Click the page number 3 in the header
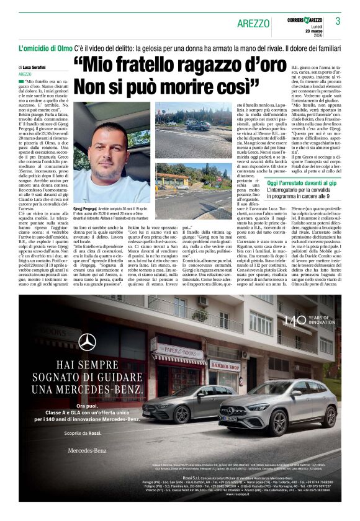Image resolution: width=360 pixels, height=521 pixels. [338, 21]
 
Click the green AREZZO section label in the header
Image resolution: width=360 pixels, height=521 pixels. [254, 24]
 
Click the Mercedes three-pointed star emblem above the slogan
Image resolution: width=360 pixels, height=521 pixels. [87, 342]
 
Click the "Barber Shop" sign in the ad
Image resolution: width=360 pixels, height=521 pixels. [224, 365]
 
